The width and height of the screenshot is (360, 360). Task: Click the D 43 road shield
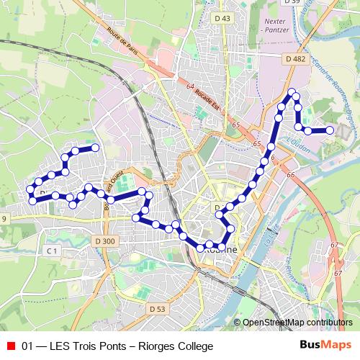click(x=223, y=18)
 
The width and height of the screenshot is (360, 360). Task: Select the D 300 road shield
click(x=104, y=240)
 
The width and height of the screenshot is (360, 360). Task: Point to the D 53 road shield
click(x=158, y=308)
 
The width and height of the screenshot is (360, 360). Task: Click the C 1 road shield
click(x=51, y=251)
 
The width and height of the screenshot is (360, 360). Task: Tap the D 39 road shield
click(x=292, y=2)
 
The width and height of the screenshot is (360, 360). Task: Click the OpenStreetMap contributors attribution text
click(x=297, y=322)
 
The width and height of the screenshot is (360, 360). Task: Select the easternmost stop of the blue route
click(x=330, y=130)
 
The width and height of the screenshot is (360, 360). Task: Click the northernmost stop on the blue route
click(x=293, y=94)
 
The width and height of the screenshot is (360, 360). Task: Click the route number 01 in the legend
click(x=28, y=346)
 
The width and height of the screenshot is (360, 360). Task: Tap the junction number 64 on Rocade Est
click(x=190, y=87)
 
